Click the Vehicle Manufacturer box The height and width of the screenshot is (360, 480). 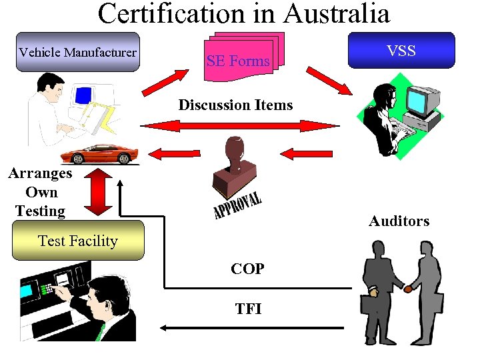coord(77,52)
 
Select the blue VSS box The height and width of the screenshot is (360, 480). coord(401,50)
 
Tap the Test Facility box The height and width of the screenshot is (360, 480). coord(78,241)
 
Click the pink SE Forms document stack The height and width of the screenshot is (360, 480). coord(243,57)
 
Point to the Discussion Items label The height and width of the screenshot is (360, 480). coord(235,105)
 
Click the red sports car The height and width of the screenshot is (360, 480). coord(101,154)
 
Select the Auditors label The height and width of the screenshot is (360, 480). coord(399,221)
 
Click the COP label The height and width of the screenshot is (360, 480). coord(247,269)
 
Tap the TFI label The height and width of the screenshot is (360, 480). coord(248,309)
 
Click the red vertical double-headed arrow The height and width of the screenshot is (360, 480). coord(99,192)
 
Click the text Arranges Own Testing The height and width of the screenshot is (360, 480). coord(40,192)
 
